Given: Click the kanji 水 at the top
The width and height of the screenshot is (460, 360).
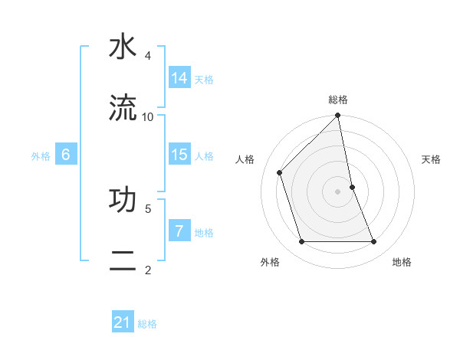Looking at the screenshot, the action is click(123, 47).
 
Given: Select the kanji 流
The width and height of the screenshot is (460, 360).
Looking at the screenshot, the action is click(123, 108).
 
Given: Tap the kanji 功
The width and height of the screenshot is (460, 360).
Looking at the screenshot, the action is click(123, 199).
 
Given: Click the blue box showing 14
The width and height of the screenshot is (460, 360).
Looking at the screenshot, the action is click(179, 78).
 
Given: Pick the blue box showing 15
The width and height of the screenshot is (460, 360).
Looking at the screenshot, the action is click(179, 155).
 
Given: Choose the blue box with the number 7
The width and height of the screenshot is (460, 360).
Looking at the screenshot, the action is click(179, 231).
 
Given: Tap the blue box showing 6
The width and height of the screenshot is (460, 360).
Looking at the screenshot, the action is click(66, 155).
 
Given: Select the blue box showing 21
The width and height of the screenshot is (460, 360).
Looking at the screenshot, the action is click(123, 323).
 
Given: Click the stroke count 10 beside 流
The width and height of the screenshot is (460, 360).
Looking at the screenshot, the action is click(148, 116).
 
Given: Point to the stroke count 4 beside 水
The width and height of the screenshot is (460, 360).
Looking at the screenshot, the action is click(147, 56).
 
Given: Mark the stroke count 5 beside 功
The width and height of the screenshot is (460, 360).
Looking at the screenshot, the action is click(147, 208).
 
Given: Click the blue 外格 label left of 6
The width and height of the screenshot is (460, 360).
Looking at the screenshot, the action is click(41, 156).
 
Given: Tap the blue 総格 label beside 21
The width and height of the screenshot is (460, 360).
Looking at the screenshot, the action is click(147, 324).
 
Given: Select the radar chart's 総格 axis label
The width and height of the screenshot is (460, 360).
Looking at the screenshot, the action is click(338, 100).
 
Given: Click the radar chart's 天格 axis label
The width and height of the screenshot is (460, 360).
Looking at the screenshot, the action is click(432, 159).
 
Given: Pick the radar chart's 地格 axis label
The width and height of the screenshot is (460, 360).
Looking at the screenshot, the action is click(402, 262).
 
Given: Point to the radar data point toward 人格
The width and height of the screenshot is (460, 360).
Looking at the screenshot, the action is click(280, 172).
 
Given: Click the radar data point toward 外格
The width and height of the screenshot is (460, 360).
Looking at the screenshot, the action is click(302, 242).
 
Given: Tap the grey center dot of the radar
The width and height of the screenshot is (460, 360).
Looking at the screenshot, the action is click(338, 191).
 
